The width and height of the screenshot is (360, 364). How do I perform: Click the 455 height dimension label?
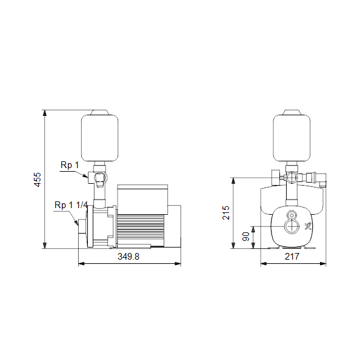point(38,180)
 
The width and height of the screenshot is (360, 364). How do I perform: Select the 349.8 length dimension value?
point(128,257)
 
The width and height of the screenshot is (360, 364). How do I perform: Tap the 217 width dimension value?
point(292,257)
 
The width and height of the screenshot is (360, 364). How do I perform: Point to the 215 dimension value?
point(225,212)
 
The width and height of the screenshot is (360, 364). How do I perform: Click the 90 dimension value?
point(245,237)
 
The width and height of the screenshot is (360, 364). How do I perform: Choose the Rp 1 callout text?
point(70,165)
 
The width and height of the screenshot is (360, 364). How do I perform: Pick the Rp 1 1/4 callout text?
point(71,205)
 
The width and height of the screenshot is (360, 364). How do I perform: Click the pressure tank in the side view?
point(100,138)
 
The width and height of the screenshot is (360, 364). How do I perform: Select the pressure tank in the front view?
point(292,138)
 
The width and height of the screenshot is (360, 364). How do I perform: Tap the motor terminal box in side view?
point(142,199)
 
